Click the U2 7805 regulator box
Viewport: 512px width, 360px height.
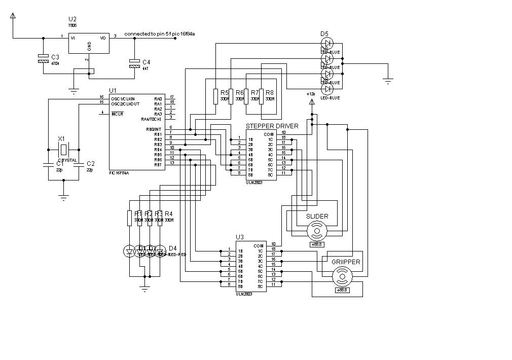click(89, 44)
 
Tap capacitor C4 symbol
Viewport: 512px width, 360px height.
click(134, 65)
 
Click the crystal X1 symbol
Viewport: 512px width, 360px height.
click(63, 150)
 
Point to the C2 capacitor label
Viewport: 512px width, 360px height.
click(91, 164)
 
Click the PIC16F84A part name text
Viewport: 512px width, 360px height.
click(119, 173)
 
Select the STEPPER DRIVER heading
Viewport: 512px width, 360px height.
click(272, 126)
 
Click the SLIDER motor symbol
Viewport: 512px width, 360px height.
click(317, 231)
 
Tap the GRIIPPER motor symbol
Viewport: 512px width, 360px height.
click(342, 277)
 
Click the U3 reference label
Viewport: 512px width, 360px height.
click(240, 237)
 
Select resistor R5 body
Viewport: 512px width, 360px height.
click(215, 96)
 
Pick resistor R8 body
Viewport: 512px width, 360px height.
click(261, 96)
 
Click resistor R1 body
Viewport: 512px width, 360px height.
click(129, 218)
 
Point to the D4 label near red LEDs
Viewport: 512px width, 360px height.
click(173, 248)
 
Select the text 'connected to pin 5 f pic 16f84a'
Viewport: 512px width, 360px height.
click(160, 33)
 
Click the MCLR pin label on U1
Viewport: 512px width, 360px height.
click(118, 114)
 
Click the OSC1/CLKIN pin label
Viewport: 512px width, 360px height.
click(123, 98)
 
